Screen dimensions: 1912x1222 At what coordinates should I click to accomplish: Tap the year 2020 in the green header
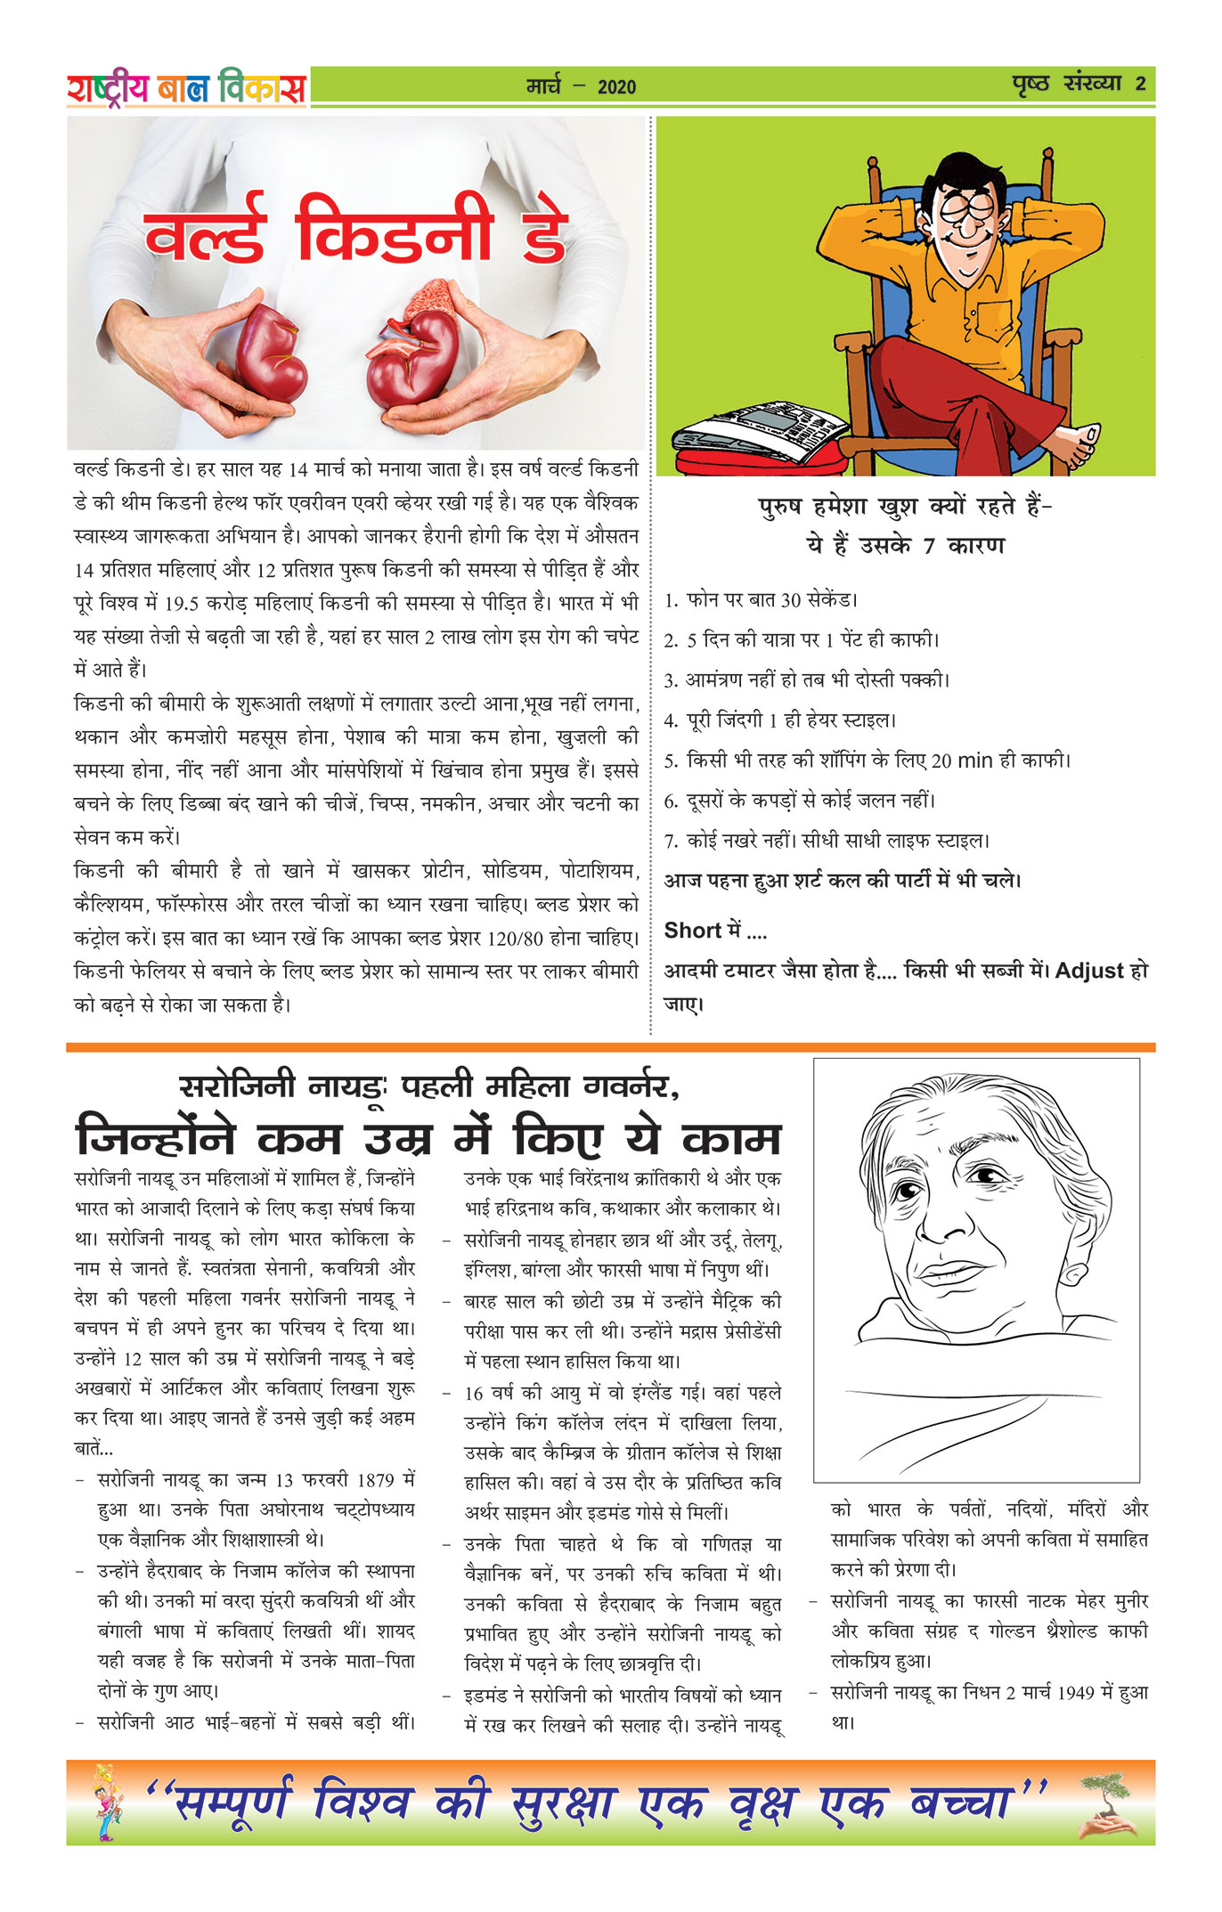[x=616, y=86]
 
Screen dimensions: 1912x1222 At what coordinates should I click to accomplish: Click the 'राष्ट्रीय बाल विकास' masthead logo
[x=186, y=87]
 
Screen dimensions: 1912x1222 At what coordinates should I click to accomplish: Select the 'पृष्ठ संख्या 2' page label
[x=1079, y=85]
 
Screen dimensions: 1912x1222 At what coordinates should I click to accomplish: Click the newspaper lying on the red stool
[x=757, y=431]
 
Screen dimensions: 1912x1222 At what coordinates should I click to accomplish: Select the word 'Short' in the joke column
[x=692, y=931]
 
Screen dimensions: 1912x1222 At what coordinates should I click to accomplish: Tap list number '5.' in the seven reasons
[x=671, y=761]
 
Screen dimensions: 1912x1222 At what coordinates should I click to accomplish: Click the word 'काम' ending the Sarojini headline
[x=731, y=1139]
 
